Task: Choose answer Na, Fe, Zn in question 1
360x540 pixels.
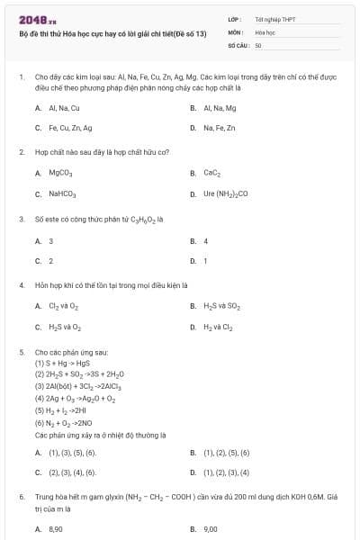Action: click(220, 128)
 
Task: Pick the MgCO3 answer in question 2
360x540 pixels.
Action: click(60, 172)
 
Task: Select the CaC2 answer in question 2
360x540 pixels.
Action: click(212, 172)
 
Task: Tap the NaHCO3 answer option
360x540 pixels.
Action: click(62, 193)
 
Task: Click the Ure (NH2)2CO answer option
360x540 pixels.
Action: click(226, 193)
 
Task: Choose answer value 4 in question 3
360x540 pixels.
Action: click(206, 240)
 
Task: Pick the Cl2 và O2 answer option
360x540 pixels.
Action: click(63, 306)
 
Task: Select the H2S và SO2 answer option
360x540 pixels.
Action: click(221, 306)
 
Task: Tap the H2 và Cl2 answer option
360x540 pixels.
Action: click(218, 328)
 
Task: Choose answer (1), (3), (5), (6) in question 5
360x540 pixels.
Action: click(72, 451)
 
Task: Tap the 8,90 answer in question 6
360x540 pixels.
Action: click(56, 529)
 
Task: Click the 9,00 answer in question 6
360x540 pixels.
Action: click(211, 529)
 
